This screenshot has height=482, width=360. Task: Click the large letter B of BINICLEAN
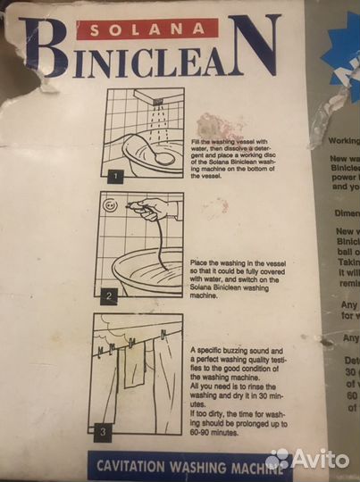pyautogui.click(x=44, y=50)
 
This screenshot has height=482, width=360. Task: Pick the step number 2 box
pyautogui.click(x=108, y=295)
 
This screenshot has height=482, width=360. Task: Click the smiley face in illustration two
pyautogui.click(x=109, y=204)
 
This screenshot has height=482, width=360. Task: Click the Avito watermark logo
pyautogui.click(x=308, y=459)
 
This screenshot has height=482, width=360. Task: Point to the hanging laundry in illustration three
pyautogui.click(x=143, y=375)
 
